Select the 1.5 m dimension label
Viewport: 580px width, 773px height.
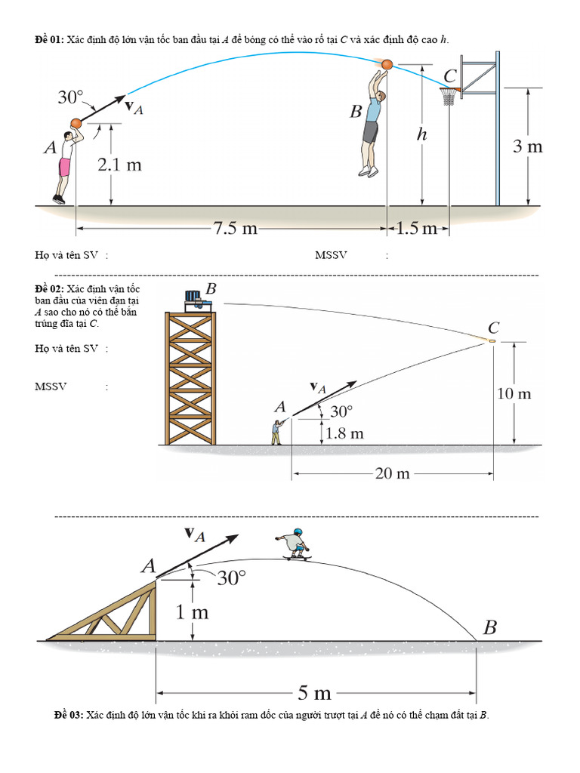click(418, 227)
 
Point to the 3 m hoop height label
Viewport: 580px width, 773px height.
click(528, 146)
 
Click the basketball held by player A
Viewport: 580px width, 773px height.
click(76, 123)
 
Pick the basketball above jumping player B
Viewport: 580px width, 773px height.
click(387, 65)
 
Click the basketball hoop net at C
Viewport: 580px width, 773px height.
click(449, 97)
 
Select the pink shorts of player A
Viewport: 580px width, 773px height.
click(65, 166)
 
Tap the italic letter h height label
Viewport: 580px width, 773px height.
click(422, 135)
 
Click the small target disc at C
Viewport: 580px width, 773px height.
click(492, 341)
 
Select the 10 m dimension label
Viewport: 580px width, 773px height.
click(514, 393)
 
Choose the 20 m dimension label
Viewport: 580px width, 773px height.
click(392, 473)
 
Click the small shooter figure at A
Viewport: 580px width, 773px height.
click(276, 432)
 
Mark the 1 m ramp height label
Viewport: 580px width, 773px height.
click(192, 612)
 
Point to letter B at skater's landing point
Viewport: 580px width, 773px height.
click(489, 627)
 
